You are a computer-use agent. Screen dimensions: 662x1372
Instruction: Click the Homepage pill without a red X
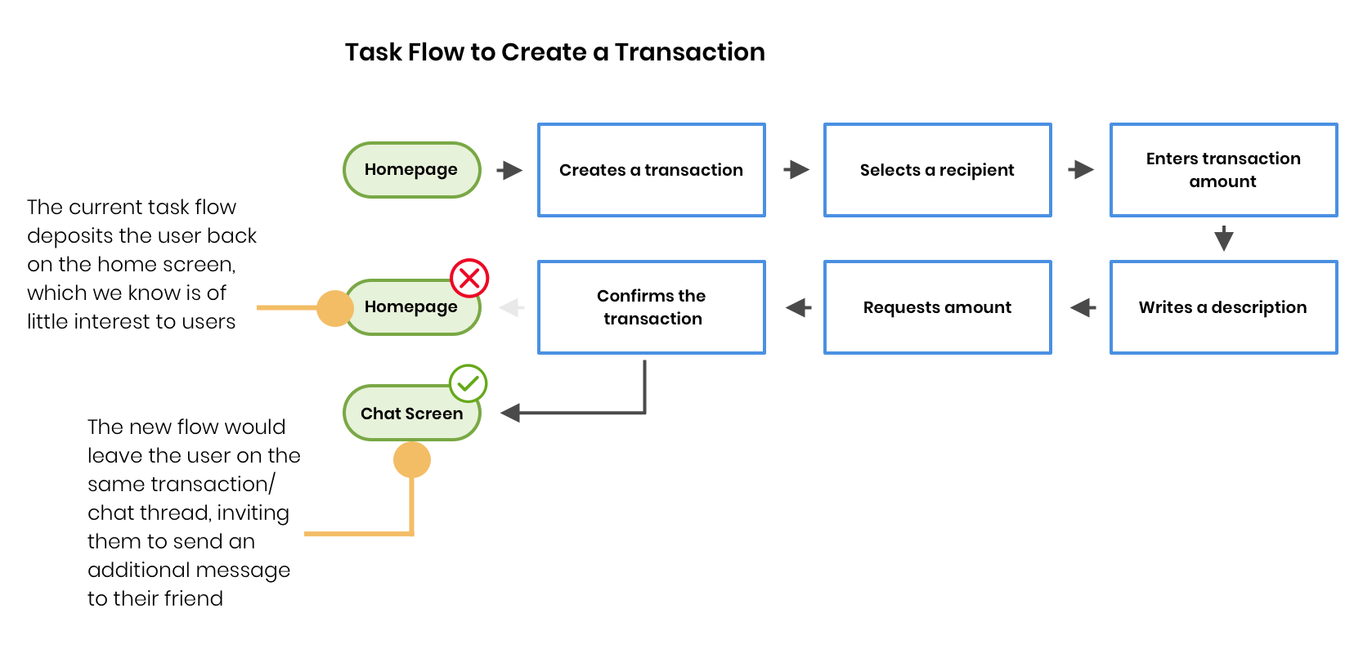(411, 170)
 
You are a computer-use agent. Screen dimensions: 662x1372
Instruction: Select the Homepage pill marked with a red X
(411, 307)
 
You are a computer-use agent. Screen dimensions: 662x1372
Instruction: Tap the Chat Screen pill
(411, 414)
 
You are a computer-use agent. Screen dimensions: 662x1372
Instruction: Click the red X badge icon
(469, 279)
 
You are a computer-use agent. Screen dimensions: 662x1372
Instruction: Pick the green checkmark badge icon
(468, 383)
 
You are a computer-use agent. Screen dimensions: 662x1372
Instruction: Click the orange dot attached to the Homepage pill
(334, 308)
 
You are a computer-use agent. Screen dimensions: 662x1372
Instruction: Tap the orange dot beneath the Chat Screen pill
(412, 460)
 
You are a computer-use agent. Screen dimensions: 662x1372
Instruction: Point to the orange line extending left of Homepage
(286, 308)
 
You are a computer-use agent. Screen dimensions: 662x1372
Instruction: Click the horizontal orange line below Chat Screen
(356, 534)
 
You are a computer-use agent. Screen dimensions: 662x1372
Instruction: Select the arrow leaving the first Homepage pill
(509, 170)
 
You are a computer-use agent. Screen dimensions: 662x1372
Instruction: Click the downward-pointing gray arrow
(1224, 239)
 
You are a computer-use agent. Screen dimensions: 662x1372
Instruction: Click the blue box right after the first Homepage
(652, 170)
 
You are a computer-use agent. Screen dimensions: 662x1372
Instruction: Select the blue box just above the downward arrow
(1224, 170)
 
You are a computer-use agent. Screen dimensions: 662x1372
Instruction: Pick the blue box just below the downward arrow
(1224, 307)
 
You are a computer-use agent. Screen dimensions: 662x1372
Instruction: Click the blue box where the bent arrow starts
(652, 307)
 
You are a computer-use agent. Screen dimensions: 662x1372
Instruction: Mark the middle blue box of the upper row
(938, 170)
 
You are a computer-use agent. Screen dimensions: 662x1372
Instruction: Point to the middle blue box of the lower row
(938, 307)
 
